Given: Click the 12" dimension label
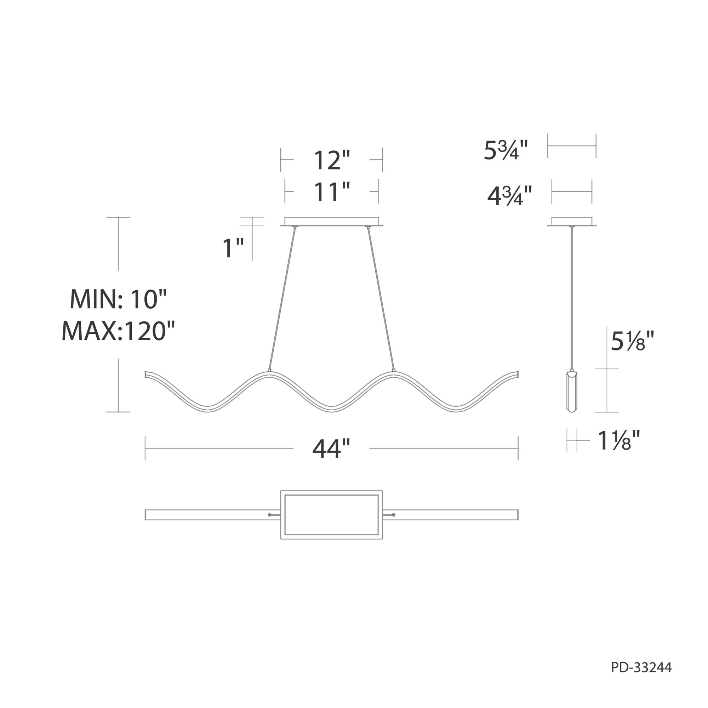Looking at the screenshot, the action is click(x=332, y=160).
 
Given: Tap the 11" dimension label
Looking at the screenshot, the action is click(x=332, y=192).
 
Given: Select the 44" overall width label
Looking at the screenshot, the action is click(x=331, y=449).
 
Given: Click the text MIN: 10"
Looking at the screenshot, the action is click(x=118, y=299).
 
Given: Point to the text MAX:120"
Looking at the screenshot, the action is click(x=118, y=331).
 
